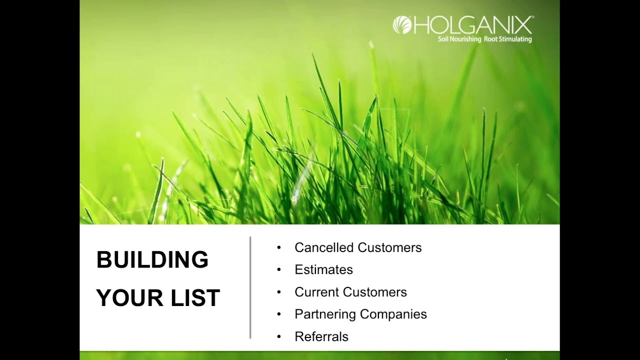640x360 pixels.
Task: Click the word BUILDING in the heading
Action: (152, 259)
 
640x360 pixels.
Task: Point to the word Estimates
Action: (323, 269)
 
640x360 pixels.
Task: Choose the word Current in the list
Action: (316, 292)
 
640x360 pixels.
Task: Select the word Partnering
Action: (325, 314)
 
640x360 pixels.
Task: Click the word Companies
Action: (393, 314)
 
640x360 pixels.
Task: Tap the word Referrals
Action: (321, 336)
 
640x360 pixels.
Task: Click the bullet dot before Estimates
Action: (279, 269)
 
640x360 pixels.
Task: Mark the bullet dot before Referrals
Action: (279, 336)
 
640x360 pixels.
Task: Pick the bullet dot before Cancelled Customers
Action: (279, 247)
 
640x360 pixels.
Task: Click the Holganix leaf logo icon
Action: (402, 25)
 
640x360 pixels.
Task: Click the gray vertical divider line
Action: (250, 287)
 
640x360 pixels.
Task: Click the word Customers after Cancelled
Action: (389, 247)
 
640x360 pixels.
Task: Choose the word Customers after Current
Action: (375, 292)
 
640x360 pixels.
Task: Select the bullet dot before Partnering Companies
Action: (279, 314)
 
